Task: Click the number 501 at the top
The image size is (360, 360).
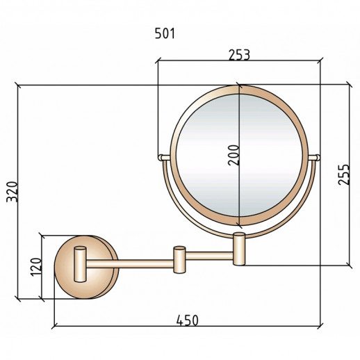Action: click(165, 33)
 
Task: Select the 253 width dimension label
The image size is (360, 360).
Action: click(240, 55)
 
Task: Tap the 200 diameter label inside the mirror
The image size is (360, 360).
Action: click(234, 155)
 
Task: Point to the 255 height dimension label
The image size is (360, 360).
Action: click(343, 174)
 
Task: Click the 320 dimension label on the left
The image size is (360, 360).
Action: click(12, 192)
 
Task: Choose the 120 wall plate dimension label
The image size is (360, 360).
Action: click(36, 267)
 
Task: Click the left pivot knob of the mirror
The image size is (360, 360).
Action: click(160, 158)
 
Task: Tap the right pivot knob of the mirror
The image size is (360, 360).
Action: click(318, 158)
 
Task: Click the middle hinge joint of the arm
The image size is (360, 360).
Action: click(180, 260)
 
